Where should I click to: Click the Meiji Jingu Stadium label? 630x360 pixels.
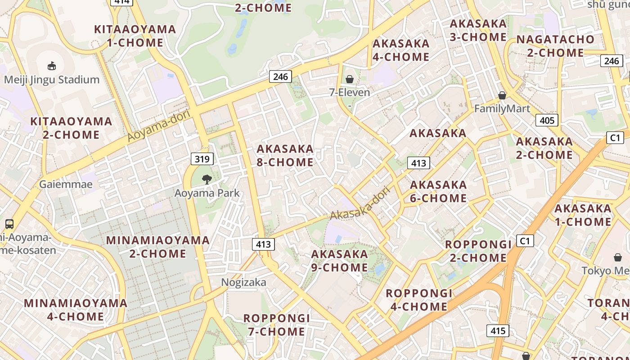(52, 80)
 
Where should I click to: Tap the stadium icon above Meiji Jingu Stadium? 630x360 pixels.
(52, 66)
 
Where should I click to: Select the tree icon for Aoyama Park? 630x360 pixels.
(207, 180)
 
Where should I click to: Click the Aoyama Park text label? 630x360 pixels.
(207, 193)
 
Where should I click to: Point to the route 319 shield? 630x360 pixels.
(202, 158)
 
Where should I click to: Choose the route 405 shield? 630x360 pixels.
(547, 120)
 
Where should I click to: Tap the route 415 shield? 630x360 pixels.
(498, 331)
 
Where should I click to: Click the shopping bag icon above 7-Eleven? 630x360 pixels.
(350, 80)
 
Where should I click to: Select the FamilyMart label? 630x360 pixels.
(502, 108)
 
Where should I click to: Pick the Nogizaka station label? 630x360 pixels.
(243, 282)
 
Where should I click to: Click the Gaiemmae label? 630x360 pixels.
(66, 184)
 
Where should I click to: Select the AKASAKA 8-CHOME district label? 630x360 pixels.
(285, 155)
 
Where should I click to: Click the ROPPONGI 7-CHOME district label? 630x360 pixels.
(276, 325)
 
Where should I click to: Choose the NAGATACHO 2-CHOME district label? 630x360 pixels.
(555, 46)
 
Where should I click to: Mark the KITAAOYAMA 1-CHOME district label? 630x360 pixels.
(135, 36)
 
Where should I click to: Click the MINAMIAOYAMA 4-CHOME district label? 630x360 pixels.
(76, 310)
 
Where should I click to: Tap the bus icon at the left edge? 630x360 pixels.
(9, 224)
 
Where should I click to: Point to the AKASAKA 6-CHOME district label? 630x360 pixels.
(438, 191)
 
